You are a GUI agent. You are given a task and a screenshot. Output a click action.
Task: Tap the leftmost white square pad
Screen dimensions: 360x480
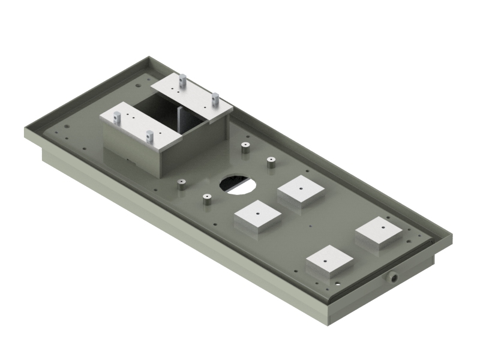click(257, 215)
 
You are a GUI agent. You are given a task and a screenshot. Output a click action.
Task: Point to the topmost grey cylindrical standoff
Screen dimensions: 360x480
click(245, 147)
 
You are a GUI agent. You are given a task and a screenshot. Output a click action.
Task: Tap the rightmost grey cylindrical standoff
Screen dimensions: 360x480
click(271, 163)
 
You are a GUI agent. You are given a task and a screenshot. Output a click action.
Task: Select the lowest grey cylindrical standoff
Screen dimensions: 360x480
click(206, 200)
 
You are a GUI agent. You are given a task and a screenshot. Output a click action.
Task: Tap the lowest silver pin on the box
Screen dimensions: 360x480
click(150, 136)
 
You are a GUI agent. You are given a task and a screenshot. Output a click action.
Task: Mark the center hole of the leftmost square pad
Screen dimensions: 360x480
click(257, 212)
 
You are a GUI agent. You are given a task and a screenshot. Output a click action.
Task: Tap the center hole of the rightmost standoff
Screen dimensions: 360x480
click(271, 160)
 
